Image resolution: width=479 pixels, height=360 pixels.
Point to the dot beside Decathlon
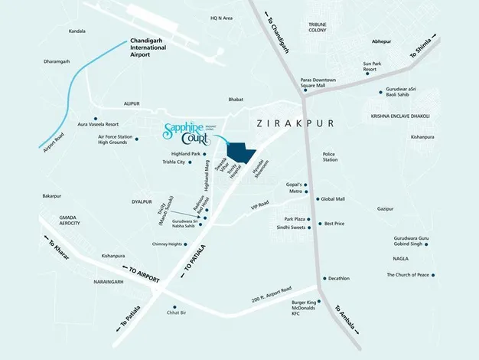pyautogui.click(x=324, y=279)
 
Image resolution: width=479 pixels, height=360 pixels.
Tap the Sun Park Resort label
pyautogui.click(x=371, y=67)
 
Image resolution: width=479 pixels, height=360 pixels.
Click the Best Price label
pyautogui.click(x=334, y=224)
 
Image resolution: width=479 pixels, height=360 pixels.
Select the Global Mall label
pyautogui.click(x=333, y=199)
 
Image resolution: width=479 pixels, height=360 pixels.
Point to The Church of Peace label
pyautogui.click(x=406, y=275)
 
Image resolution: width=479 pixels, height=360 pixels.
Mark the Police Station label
pyautogui.click(x=329, y=156)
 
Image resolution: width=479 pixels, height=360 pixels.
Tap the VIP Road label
pyautogui.click(x=259, y=205)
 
